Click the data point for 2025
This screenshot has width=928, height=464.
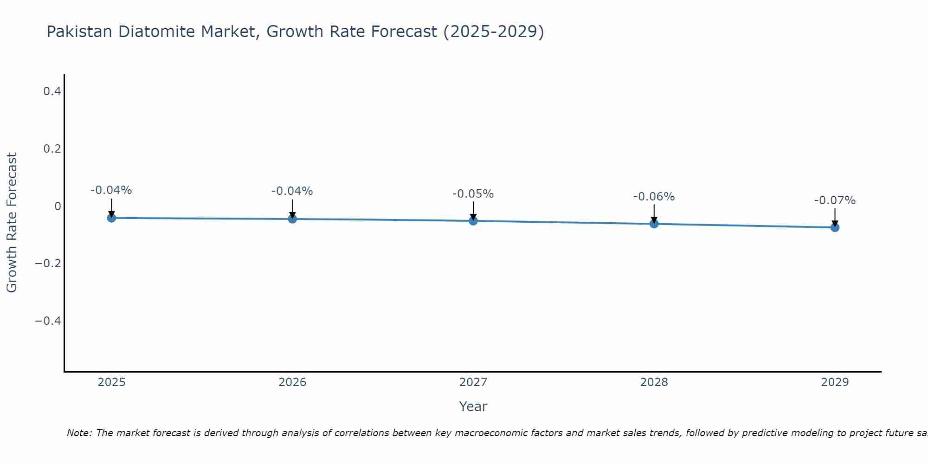click(x=111, y=218)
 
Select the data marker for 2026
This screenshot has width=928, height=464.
click(x=292, y=219)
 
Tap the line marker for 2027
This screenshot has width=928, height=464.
click(x=473, y=221)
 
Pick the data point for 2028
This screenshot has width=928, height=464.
click(x=654, y=224)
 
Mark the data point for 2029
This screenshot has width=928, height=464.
click(x=835, y=227)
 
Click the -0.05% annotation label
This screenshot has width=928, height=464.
click(x=473, y=194)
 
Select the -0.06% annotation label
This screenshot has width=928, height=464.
click(x=654, y=197)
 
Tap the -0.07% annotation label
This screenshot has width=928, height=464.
click(x=835, y=200)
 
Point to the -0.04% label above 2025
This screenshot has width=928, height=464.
click(x=111, y=190)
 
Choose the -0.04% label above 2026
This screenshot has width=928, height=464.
click(x=292, y=191)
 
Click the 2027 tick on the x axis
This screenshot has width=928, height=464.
click(x=473, y=382)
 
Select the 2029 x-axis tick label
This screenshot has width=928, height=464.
click(x=835, y=382)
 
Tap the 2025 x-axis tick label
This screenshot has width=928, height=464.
click(x=111, y=382)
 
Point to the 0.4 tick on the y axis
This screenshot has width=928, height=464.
click(x=52, y=91)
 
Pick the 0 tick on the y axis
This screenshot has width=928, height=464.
click(x=58, y=206)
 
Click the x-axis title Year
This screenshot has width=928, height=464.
click(x=473, y=406)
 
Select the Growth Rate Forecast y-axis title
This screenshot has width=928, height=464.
click(x=12, y=223)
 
